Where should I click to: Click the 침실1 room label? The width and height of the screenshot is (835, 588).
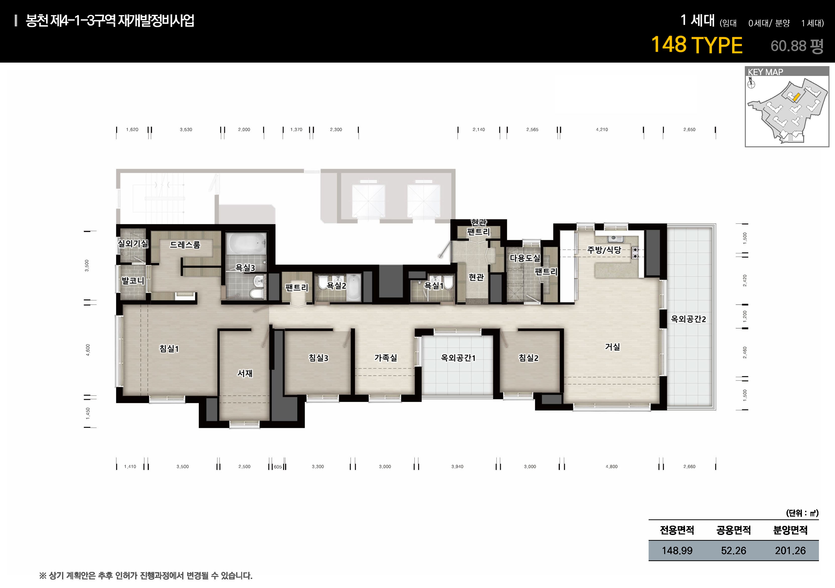tap(169, 349)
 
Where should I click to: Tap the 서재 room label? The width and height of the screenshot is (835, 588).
tap(245, 373)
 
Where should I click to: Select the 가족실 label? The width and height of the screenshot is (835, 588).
tap(386, 358)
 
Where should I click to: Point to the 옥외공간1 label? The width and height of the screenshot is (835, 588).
tap(458, 358)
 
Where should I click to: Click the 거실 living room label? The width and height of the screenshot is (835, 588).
tap(612, 347)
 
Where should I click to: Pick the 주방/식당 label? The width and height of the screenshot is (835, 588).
tap(604, 250)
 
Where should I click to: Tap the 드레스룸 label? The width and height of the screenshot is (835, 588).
tap(185, 245)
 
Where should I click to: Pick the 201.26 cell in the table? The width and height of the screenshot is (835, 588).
tap(790, 551)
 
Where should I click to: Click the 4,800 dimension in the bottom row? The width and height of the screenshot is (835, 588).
tap(611, 467)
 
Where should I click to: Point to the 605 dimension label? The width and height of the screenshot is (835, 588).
tap(278, 467)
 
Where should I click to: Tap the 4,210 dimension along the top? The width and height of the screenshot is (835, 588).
tap(602, 129)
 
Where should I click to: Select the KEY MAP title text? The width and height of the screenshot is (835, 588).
tap(765, 72)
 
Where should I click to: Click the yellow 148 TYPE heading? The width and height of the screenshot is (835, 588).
tap(696, 45)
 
